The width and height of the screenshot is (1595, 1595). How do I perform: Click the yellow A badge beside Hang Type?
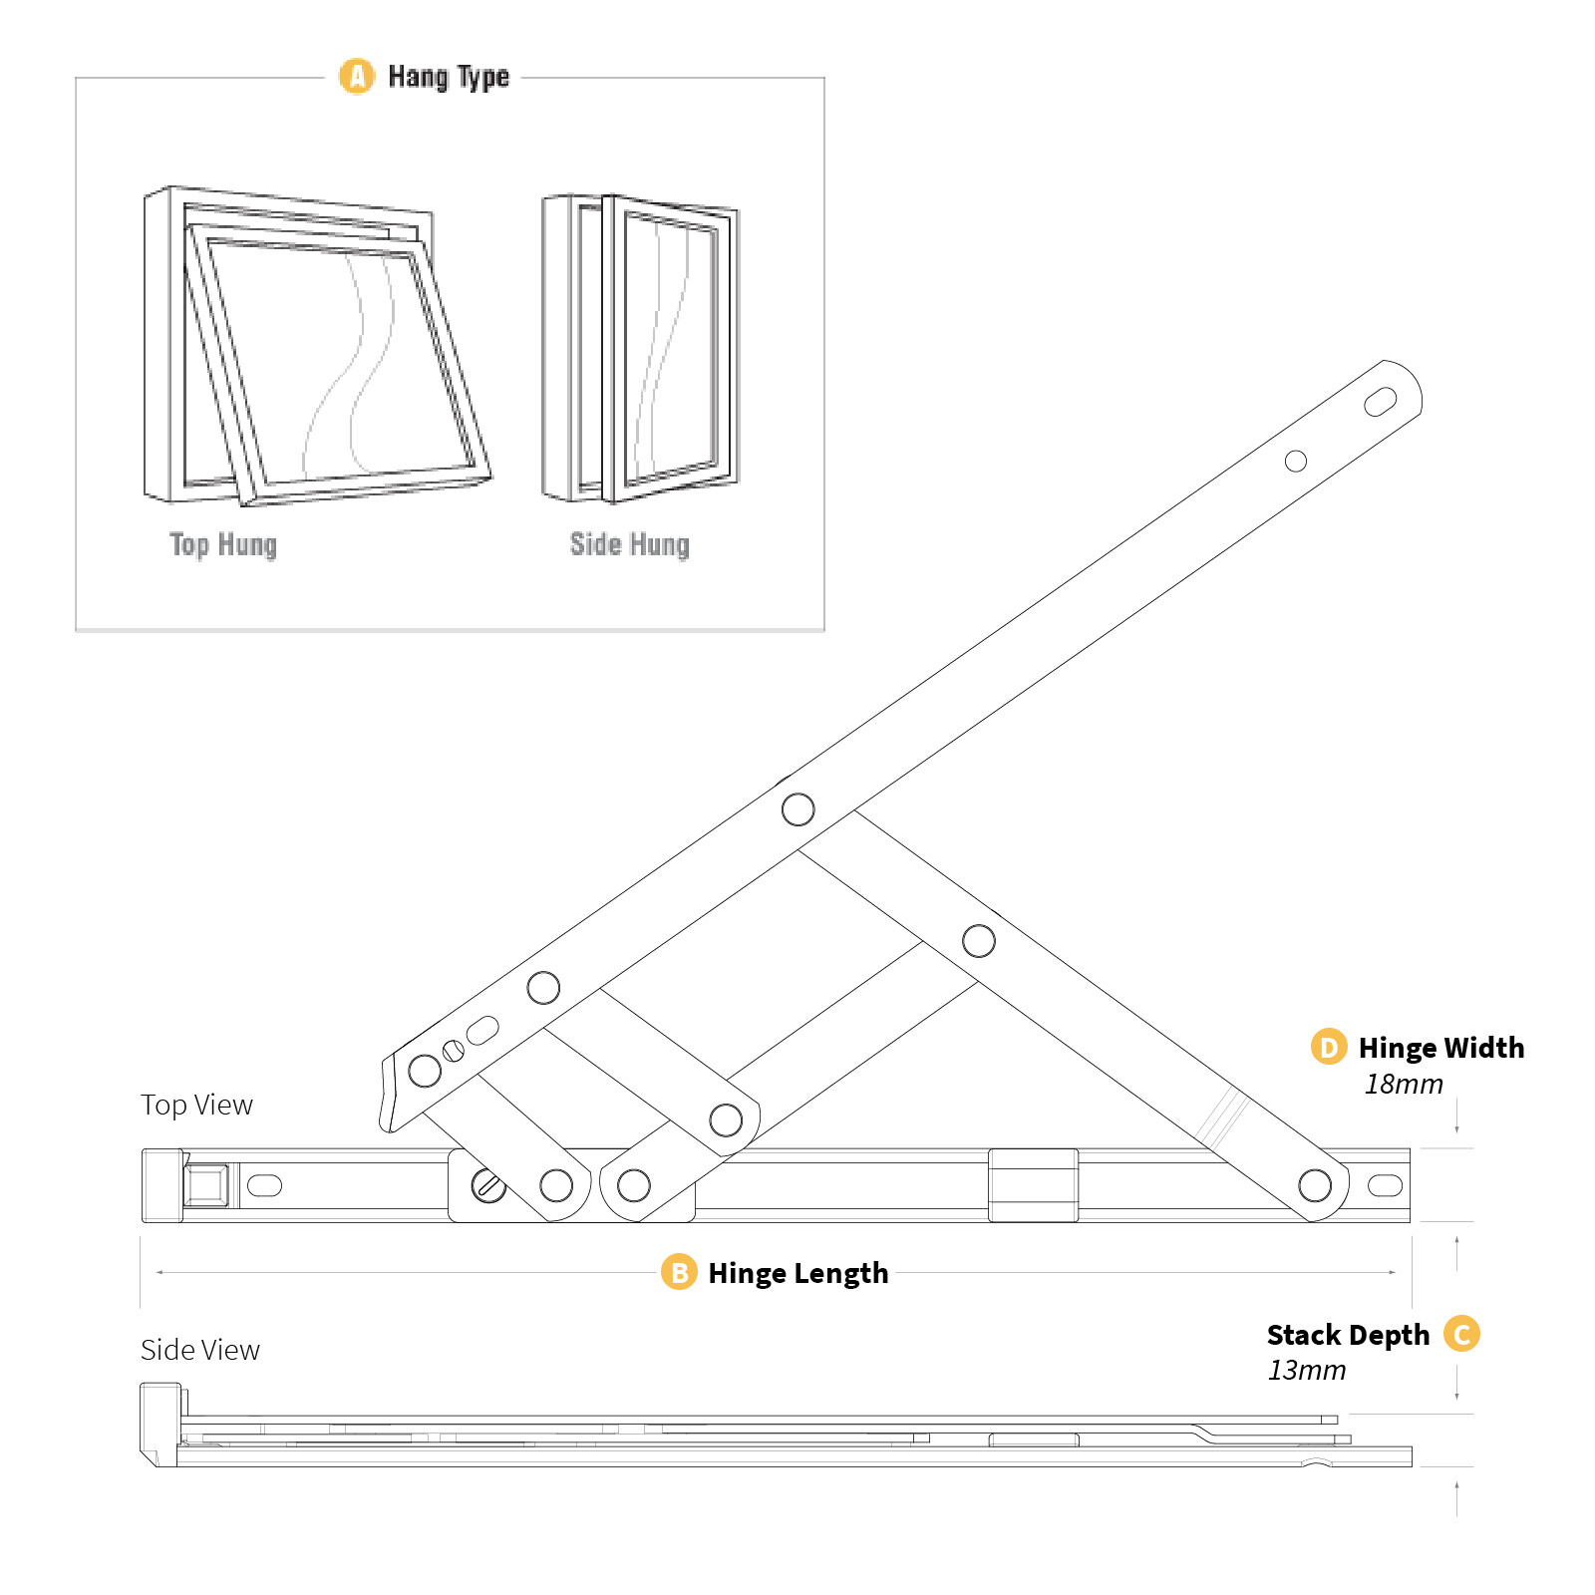click(x=357, y=76)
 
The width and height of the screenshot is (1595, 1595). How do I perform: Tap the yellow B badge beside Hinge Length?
click(x=679, y=1272)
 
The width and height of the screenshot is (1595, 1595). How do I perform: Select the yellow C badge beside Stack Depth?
click(x=1461, y=1334)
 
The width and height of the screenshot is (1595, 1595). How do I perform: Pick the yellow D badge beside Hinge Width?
click(x=1328, y=1047)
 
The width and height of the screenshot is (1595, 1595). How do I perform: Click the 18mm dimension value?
click(x=1403, y=1084)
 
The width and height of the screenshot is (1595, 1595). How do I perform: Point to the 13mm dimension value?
click(x=1306, y=1370)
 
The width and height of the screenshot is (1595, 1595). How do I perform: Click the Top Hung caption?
click(x=223, y=544)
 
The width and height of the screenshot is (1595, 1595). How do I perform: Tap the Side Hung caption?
click(x=629, y=544)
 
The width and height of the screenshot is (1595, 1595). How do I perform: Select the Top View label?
click(x=196, y=1105)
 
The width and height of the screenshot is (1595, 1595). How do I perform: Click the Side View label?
click(x=199, y=1350)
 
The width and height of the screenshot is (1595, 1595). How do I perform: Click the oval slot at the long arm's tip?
click(x=1380, y=402)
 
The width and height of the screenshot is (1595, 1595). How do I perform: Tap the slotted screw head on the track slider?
click(x=488, y=1186)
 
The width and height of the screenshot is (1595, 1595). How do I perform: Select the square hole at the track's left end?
click(x=207, y=1185)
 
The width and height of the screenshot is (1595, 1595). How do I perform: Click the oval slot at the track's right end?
click(x=1385, y=1185)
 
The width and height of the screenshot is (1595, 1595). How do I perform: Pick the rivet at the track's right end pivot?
click(x=1315, y=1185)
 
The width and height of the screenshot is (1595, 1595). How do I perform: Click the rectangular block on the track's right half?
click(x=1033, y=1185)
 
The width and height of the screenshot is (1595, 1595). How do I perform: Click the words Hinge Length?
click(x=797, y=1273)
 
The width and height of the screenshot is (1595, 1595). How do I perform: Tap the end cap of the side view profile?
click(x=159, y=1424)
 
